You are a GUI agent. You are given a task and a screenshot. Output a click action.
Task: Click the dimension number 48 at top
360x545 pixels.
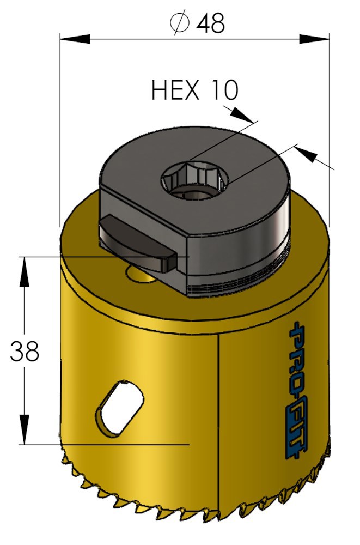[x=210, y=23]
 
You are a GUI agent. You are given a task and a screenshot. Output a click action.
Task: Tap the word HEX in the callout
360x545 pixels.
[x=175, y=90]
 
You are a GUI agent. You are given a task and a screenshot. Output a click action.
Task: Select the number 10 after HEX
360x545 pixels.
[x=223, y=90]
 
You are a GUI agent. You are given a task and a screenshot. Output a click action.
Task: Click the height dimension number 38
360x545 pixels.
[x=25, y=352]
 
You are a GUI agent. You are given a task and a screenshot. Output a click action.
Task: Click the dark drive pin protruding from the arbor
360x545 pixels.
[x=137, y=246]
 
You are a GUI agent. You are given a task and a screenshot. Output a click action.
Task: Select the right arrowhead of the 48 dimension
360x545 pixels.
[x=314, y=39]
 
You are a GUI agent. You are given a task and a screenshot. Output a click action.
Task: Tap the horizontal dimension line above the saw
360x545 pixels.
[x=136, y=39]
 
